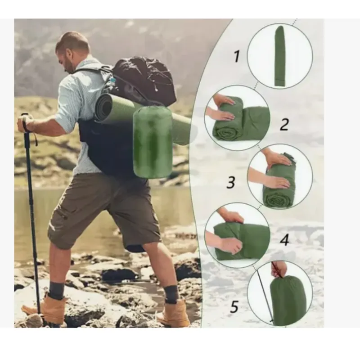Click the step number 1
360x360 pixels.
[x=237, y=57]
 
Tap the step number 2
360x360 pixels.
[x=284, y=125]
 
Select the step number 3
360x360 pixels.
[x=231, y=183]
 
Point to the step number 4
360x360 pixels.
[x=285, y=240]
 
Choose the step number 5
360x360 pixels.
[x=234, y=307]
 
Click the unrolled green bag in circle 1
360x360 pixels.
[x=280, y=56]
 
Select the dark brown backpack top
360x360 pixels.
[x=145, y=79]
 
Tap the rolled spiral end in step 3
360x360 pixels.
[x=276, y=198]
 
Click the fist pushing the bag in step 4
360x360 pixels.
[x=231, y=246]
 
